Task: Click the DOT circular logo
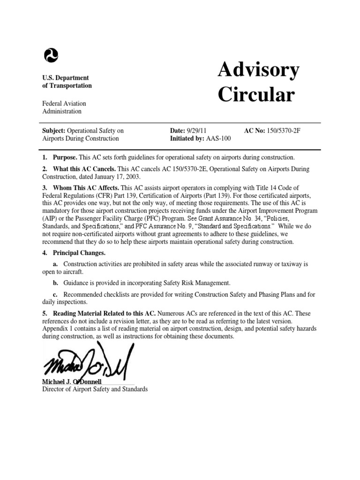pos(51,56)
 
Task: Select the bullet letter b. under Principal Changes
pos(55,283)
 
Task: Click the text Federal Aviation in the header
pos(64,103)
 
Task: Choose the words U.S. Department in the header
pos(66,78)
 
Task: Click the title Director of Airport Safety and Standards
pos(95,389)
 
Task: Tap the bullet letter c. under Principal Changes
pos(55,294)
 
